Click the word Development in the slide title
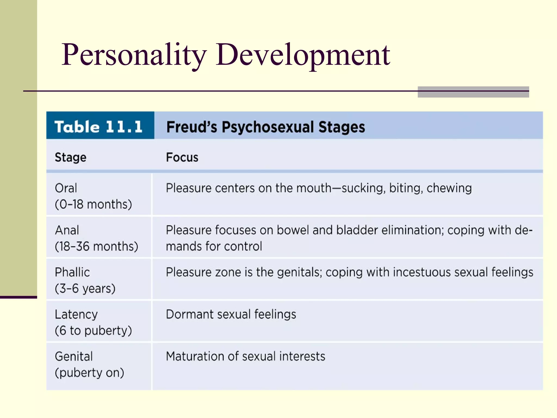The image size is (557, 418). [x=303, y=55]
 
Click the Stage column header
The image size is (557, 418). [x=70, y=158]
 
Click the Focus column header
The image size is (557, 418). [x=182, y=158]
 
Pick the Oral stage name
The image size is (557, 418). [x=66, y=188]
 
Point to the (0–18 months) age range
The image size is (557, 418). [x=93, y=204]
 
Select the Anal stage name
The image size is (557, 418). [x=67, y=230]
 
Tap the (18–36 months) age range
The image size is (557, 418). [x=96, y=247]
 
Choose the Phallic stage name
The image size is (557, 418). [x=72, y=272]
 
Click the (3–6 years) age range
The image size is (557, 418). [x=85, y=288]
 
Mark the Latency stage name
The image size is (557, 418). [x=76, y=315]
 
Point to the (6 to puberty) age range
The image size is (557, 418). [x=93, y=331]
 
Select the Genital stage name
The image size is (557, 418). [x=74, y=356]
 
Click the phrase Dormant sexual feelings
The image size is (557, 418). [x=231, y=315]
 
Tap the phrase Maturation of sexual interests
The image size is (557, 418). [x=245, y=356]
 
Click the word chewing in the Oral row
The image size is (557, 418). [x=449, y=188]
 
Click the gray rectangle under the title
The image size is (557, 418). [x=473, y=92]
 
